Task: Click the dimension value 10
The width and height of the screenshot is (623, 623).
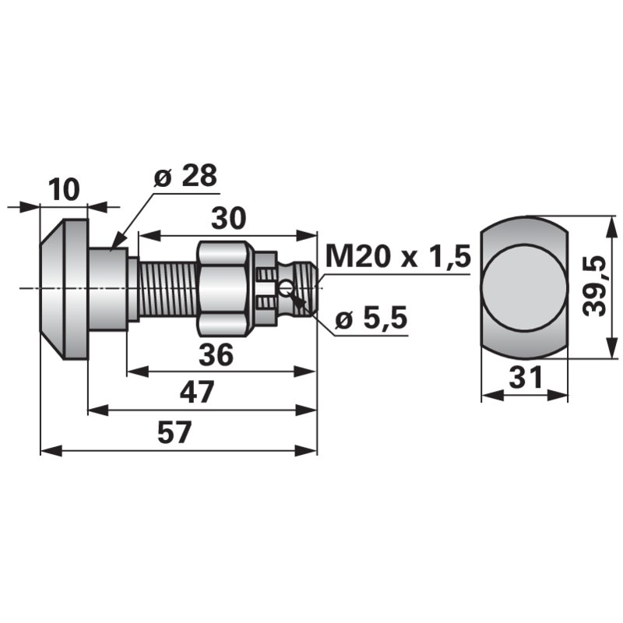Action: click(x=64, y=189)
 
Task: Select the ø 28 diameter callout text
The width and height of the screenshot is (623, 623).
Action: click(x=185, y=175)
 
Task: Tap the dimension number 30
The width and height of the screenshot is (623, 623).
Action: click(x=228, y=218)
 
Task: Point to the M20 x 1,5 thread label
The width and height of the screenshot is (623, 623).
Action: click(x=398, y=256)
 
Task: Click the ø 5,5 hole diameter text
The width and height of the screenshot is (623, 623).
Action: click(x=371, y=318)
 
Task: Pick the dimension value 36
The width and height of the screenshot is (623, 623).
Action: click(x=216, y=355)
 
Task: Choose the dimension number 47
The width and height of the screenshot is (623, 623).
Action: click(x=197, y=392)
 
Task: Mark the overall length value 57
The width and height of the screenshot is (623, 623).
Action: click(x=174, y=433)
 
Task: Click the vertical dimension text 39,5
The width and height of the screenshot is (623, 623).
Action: click(x=595, y=286)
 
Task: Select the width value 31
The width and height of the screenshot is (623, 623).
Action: click(x=525, y=377)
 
